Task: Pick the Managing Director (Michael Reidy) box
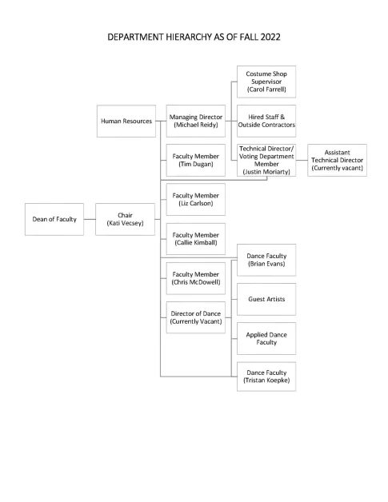pyautogui.click(x=195, y=121)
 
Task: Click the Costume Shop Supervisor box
pyautogui.click(x=266, y=82)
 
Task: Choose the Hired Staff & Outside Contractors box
pyautogui.click(x=266, y=121)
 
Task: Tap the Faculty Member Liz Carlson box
pyautogui.click(x=195, y=199)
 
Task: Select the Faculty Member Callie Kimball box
pyautogui.click(x=195, y=238)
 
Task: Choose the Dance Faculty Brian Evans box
pyautogui.click(x=266, y=261)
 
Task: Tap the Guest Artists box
pyautogui.click(x=266, y=299)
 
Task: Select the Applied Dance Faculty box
pyautogui.click(x=266, y=337)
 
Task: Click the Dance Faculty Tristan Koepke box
pyautogui.click(x=266, y=376)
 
